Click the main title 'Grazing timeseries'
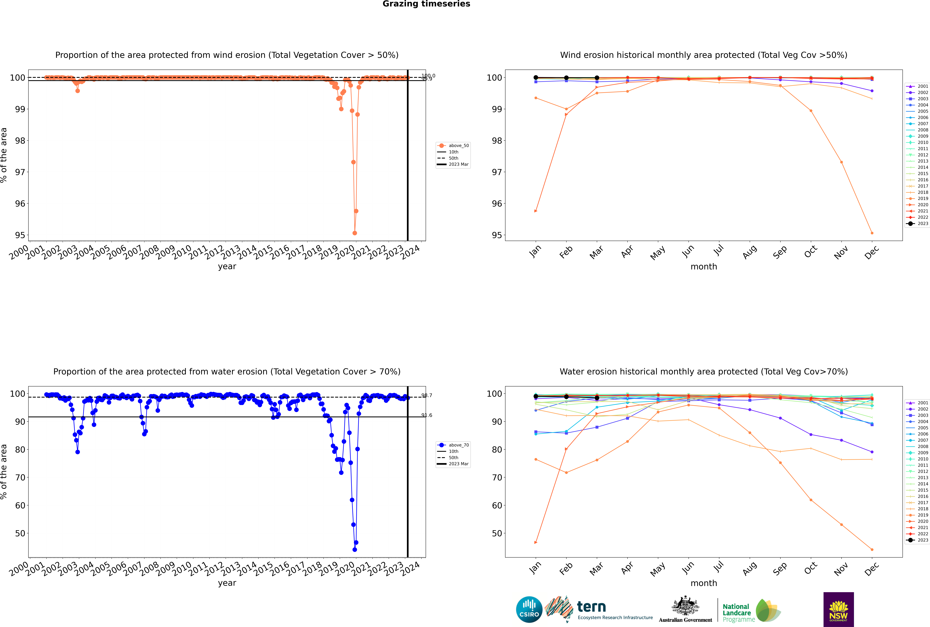click(426, 4)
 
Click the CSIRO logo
click(529, 609)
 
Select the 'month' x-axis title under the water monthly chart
click(704, 583)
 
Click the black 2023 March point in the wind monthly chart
click(597, 78)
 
